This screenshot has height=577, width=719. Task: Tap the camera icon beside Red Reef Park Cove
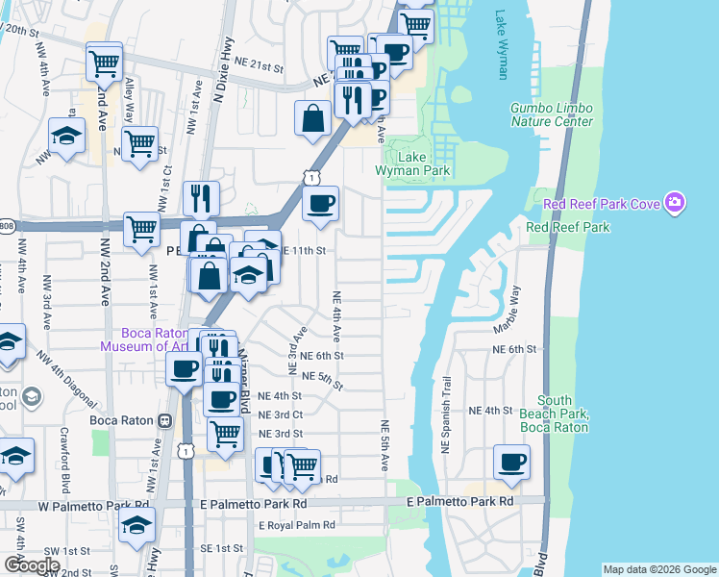676,202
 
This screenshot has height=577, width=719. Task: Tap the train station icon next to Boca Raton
165,420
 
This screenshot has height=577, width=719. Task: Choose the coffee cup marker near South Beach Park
511,462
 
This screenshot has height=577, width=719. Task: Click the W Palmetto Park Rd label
95,504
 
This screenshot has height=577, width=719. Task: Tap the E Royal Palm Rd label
296,525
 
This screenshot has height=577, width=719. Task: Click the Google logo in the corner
32,565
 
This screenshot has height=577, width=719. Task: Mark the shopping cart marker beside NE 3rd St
225,433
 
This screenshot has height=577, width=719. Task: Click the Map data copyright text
658,569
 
